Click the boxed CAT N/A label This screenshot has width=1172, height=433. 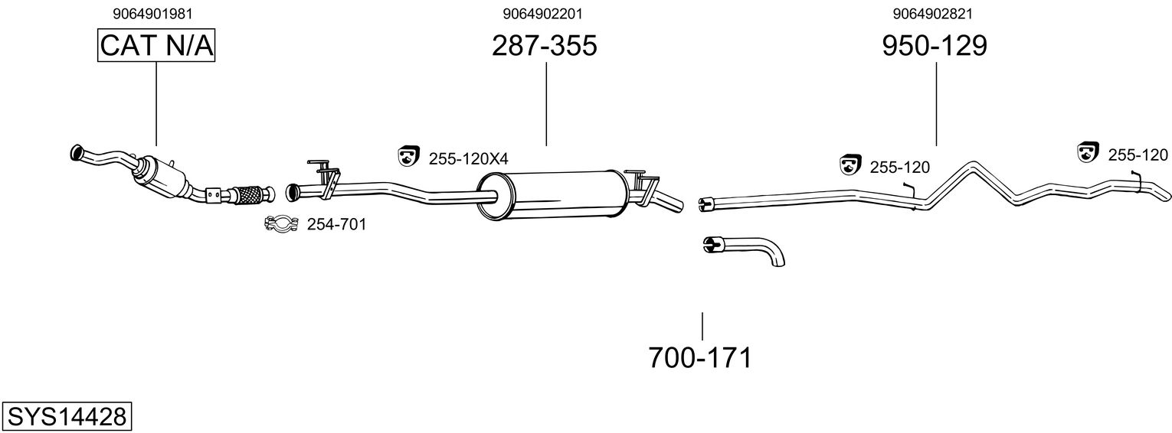[x=156, y=46]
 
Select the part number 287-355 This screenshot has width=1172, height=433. [x=544, y=46]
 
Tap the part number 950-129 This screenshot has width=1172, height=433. [x=935, y=46]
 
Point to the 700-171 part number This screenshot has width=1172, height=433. [x=700, y=357]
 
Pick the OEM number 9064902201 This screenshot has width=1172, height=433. [x=547, y=13]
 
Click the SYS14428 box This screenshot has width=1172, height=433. [x=66, y=417]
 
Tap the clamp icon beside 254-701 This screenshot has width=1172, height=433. [x=282, y=224]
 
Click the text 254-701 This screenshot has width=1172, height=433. [x=336, y=224]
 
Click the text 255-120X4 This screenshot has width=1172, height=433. [x=468, y=158]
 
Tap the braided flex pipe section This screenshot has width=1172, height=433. [x=249, y=195]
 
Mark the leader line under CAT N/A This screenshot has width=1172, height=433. [x=156, y=103]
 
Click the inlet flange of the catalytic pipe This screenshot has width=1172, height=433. [x=76, y=152]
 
